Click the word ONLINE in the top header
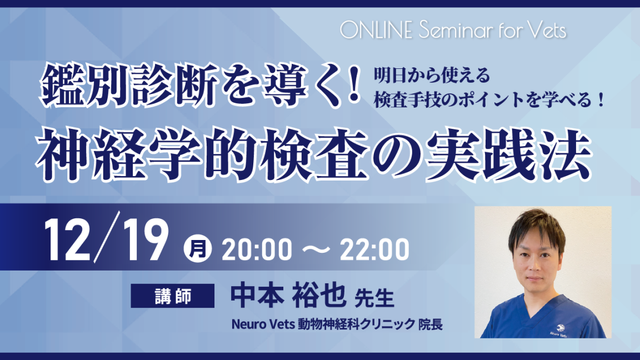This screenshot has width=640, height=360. point(376,30)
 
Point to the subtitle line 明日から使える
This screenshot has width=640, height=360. point(432,75)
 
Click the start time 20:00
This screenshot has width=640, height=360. point(257,249)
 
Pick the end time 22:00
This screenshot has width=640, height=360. point(374,249)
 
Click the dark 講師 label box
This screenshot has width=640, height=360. point(173,296)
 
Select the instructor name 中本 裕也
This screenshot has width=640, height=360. point(288,296)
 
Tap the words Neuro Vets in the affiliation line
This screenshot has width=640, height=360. point(263,324)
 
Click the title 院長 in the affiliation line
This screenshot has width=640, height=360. point(431,324)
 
